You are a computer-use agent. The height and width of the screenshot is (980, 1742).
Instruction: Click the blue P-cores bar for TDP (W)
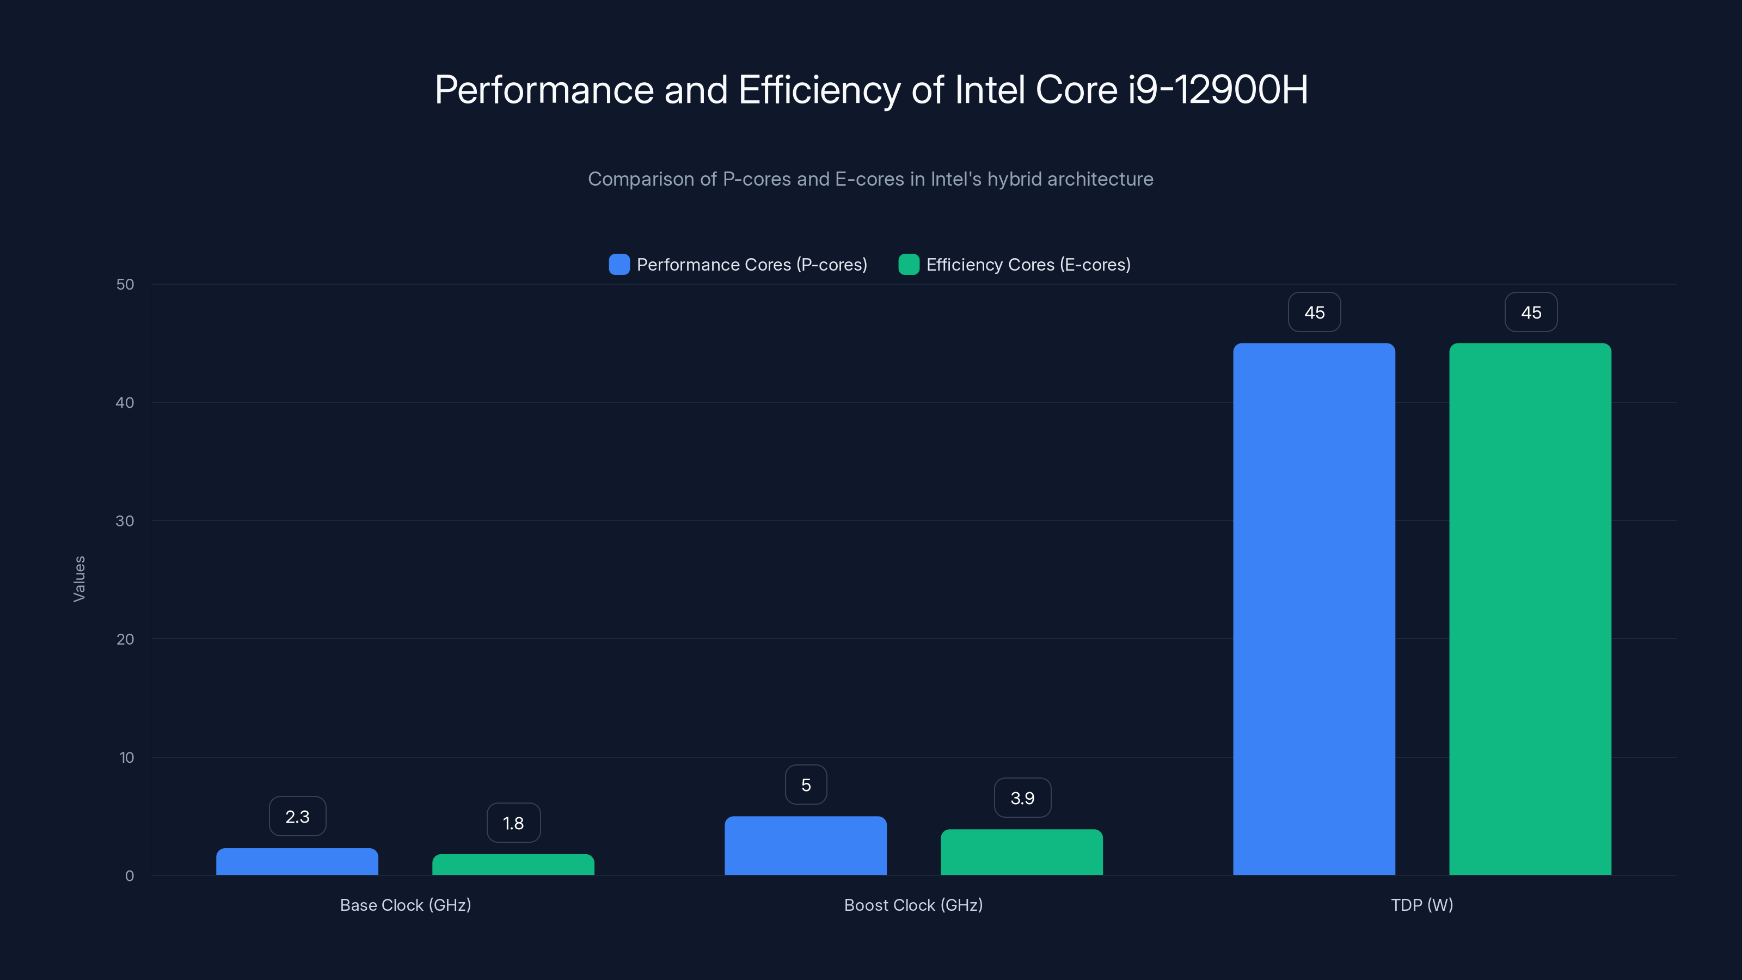pos(1314,609)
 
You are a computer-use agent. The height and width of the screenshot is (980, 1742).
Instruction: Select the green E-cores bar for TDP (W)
pos(1530,609)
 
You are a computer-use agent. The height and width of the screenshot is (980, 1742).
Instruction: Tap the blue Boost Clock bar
pos(806,846)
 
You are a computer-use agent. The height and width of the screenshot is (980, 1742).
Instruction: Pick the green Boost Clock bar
pos(1021,852)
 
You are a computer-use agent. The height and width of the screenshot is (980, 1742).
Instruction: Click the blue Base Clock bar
pos(297,862)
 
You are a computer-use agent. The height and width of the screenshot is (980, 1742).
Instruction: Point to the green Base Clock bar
pos(513,865)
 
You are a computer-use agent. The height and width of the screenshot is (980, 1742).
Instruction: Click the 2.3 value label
pos(298,816)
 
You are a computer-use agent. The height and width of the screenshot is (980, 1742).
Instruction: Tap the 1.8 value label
pos(513,823)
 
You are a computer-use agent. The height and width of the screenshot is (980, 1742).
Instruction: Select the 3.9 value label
pos(1022,798)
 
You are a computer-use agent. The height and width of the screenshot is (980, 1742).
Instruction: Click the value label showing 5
pos(806,785)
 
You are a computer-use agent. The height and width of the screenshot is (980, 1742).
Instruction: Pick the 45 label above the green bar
pos(1531,313)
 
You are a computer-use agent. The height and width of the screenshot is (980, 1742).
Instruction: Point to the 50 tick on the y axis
pos(125,284)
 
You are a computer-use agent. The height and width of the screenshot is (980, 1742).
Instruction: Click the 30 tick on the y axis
pos(125,521)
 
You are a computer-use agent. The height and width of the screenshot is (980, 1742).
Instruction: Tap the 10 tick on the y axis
pos(126,757)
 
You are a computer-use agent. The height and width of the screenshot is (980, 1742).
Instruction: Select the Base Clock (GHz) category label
pos(405,905)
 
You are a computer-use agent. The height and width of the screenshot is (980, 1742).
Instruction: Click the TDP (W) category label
pos(1421,905)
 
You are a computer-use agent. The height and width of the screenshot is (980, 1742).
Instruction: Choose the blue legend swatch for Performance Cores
pos(619,265)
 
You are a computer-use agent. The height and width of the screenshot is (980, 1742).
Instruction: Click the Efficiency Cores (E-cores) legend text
pos(1028,265)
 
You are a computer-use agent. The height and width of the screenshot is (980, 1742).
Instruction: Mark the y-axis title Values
pos(79,579)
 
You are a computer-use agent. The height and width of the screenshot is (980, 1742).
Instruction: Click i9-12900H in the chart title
pos(1217,89)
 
